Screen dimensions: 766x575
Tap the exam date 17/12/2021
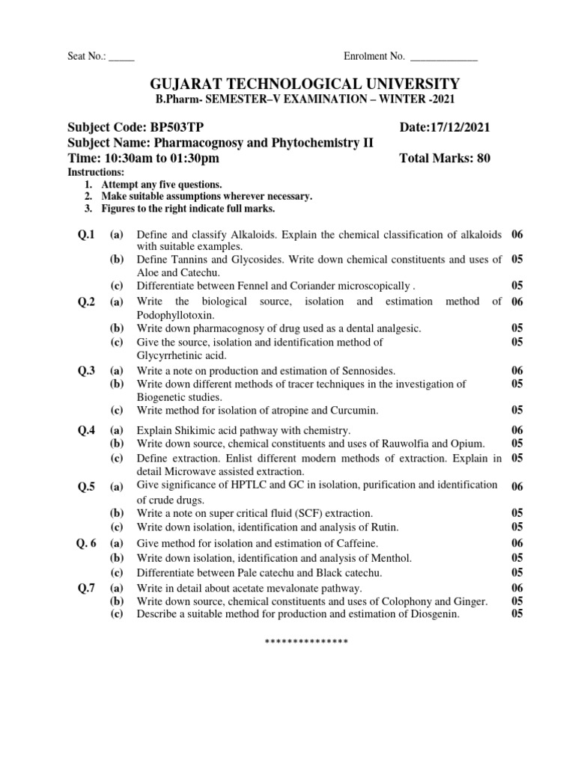tap(458, 128)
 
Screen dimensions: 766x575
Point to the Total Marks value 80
tap(483, 158)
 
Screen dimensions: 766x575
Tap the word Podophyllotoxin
tap(176, 315)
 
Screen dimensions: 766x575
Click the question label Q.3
tap(87, 370)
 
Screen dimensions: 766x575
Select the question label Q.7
tap(87, 588)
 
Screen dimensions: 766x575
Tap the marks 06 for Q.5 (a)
tap(517, 487)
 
